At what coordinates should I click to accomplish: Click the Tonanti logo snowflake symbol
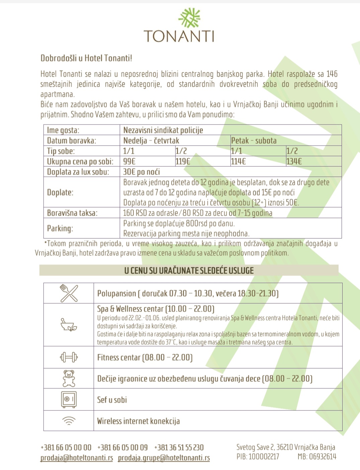[189, 18]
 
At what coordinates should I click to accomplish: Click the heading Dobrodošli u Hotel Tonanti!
[86, 58]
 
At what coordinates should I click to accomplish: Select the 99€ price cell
[129, 161]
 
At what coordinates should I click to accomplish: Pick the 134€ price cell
[294, 161]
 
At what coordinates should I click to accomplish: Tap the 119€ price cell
[183, 161]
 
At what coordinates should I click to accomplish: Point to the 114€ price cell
[239, 161]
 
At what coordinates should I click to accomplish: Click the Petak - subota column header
[254, 141]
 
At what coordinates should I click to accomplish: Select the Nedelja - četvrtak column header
[151, 141]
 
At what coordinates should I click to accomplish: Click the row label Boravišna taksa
[72, 213]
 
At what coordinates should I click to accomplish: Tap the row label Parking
[60, 228]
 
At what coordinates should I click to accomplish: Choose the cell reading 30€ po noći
[142, 172]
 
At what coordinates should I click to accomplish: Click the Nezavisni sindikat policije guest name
[163, 130]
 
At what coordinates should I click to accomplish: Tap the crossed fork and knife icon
[69, 293]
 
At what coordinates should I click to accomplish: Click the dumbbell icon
[69, 358]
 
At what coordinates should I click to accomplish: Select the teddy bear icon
[69, 379]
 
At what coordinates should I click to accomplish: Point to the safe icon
[69, 399]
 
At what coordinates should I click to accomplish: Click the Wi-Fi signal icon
[69, 421]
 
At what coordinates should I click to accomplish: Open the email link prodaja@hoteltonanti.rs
[77, 458]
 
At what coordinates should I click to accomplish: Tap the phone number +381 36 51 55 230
[179, 448]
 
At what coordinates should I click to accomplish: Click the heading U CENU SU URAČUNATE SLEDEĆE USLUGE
[189, 270]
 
